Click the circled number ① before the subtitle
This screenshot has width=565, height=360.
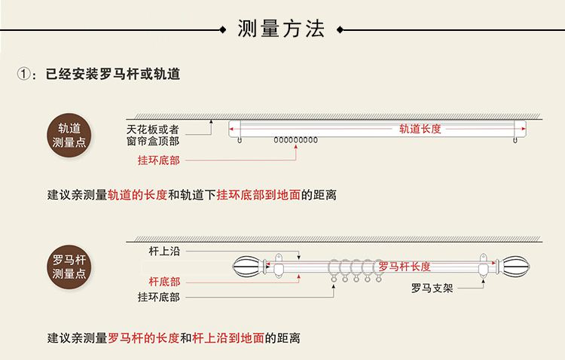coord(26,75)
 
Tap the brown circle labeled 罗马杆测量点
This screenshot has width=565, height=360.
coord(69,267)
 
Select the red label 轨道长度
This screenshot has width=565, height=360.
coord(420,129)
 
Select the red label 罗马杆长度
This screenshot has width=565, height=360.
coord(405,267)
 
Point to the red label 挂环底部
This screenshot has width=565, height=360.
coord(158,160)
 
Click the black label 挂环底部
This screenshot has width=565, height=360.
coord(158,297)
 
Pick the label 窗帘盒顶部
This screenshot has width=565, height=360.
coord(153,140)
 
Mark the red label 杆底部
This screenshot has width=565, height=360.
coord(163,282)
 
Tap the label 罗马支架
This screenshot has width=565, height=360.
coord(432,288)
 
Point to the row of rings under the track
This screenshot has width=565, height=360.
coord(295,140)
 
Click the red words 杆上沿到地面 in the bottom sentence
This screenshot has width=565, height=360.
coord(228,338)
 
